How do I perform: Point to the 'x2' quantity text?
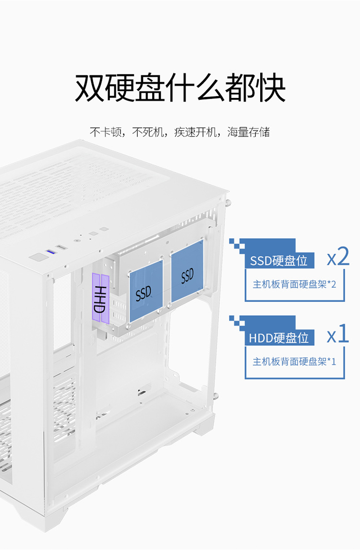tap(338, 258)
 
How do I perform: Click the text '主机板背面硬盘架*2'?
tap(294, 284)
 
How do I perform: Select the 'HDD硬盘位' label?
tap(278, 338)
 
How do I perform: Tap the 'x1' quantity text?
tap(338, 335)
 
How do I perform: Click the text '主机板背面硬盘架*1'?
tap(294, 361)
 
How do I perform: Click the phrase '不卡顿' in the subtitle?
tap(106, 132)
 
